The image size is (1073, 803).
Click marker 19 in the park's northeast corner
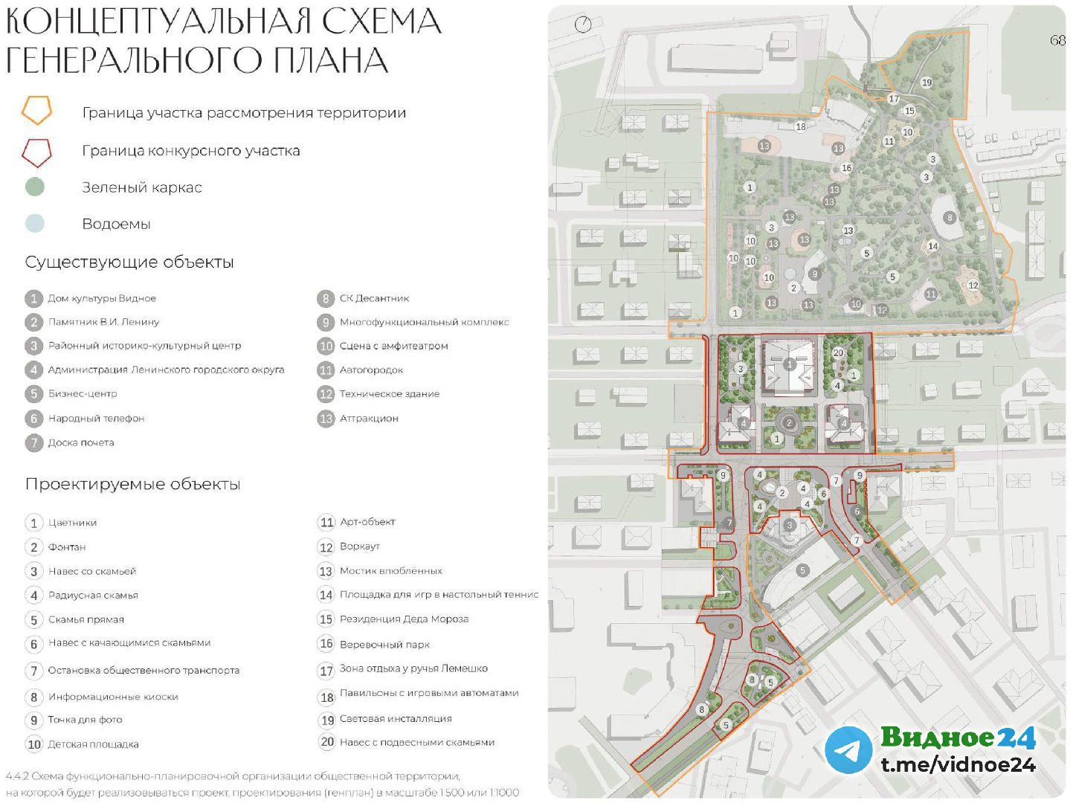926,83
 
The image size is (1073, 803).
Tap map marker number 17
894,99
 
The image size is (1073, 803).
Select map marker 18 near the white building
801,126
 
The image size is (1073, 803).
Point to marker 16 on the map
846,168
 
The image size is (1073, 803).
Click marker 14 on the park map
932,246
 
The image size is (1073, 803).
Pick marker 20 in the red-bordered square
838,352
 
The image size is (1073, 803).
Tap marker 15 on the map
909,111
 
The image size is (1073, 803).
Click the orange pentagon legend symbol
36,111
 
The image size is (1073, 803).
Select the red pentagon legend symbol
36,152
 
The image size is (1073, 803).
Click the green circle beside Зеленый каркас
35,187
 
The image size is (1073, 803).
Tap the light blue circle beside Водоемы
35,223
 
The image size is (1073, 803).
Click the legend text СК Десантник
374,298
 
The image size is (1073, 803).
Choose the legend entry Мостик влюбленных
390,571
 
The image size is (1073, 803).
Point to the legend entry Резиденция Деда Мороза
404,619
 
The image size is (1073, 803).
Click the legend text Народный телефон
96,419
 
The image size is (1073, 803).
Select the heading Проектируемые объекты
132,484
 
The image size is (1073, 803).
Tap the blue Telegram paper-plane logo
848,749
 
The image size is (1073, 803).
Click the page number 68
1057,40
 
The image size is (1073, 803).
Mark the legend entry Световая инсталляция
396,719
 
